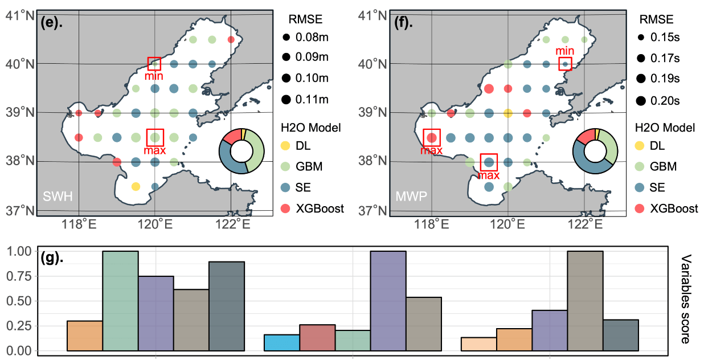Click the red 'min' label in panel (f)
coord(565,51)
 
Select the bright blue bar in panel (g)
coord(282,342)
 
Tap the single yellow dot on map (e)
coord(136,186)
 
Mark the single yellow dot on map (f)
coord(508,113)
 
